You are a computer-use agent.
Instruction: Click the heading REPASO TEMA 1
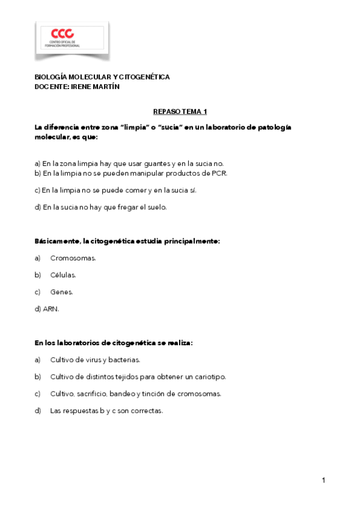tap(180, 112)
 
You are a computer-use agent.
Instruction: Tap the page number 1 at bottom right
tap(323, 480)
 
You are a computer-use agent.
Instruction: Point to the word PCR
tap(219, 173)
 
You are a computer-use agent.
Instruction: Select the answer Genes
tap(61, 292)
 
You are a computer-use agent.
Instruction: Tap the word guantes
tap(157, 164)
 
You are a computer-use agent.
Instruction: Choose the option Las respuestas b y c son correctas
tap(106, 411)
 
